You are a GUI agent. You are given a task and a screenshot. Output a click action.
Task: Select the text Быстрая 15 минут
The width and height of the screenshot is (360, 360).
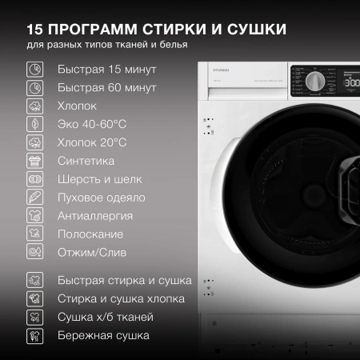pos(106,70)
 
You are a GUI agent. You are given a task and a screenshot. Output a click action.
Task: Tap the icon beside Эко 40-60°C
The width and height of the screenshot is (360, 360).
pos(34,124)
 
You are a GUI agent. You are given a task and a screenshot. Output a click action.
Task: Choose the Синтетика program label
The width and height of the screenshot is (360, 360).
pos(86,161)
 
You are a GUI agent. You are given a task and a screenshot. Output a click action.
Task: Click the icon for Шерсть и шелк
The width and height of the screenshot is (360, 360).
pos(34,179)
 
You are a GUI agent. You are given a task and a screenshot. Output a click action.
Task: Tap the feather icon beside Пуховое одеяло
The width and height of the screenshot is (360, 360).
pos(34,198)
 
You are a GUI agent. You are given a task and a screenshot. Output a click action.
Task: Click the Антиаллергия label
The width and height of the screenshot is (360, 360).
pos(95,216)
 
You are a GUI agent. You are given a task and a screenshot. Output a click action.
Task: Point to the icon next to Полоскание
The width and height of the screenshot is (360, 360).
pos(34,234)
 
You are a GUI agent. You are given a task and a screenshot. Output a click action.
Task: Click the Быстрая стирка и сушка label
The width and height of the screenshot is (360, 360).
pos(124,281)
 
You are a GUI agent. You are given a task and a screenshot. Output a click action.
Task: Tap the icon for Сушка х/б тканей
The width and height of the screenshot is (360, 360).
pos(34,318)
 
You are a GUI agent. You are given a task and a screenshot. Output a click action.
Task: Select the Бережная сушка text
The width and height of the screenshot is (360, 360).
pos(103,336)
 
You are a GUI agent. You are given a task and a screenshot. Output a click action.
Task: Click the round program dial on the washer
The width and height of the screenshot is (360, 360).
pos(315,82)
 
